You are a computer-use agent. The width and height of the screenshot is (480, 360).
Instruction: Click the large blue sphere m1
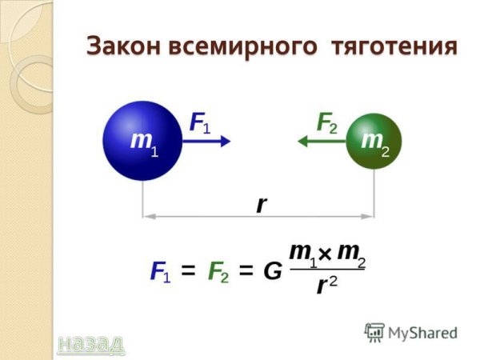pyautogui.click(x=143, y=141)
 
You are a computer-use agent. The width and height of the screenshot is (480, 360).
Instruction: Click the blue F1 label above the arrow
pyautogui.click(x=200, y=122)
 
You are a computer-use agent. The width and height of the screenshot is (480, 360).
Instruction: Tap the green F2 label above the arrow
pyautogui.click(x=327, y=122)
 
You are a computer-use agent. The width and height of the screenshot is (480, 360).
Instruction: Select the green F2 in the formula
pyautogui.click(x=218, y=272)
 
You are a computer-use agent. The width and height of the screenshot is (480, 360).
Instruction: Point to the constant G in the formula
pyautogui.click(x=273, y=272)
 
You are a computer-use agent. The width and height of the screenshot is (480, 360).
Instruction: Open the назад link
pyautogui.click(x=91, y=343)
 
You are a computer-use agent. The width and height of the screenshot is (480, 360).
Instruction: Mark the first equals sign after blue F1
pyautogui.click(x=189, y=272)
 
